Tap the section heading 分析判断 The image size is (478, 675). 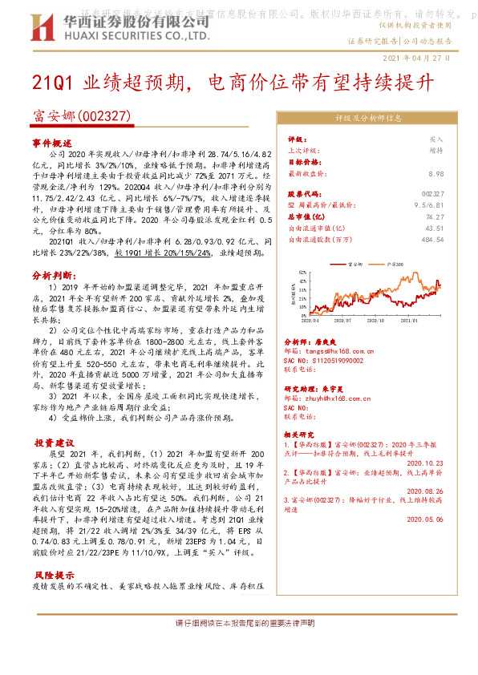(x=51, y=275)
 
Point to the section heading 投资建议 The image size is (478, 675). (x=54, y=443)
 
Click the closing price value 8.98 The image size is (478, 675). (x=436, y=173)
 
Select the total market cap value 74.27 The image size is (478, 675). (x=435, y=216)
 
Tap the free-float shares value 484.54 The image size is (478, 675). (x=433, y=239)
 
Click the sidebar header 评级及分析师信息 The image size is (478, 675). (x=368, y=118)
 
